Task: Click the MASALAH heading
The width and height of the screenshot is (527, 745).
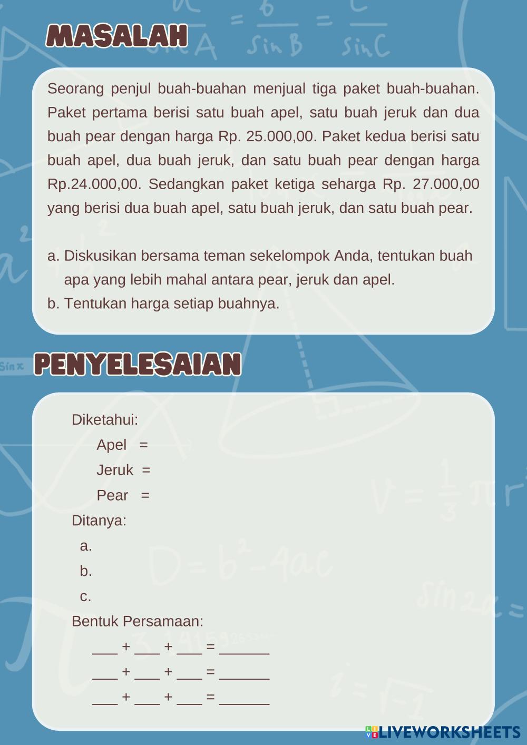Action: (x=116, y=36)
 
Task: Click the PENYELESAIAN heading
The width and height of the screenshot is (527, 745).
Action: (x=138, y=364)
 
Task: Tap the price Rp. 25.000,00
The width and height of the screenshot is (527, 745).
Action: (x=267, y=136)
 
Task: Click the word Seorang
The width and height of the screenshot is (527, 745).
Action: (x=75, y=89)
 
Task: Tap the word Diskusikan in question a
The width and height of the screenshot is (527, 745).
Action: (x=101, y=256)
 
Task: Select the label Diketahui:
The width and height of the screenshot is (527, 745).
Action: (x=105, y=420)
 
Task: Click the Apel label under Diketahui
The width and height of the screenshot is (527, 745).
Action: (x=111, y=445)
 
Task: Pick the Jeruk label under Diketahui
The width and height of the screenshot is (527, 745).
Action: (x=115, y=470)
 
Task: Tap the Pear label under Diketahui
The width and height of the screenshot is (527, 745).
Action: (x=112, y=495)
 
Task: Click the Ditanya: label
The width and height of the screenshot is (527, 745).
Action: (x=99, y=521)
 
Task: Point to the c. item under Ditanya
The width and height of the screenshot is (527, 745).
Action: (x=85, y=596)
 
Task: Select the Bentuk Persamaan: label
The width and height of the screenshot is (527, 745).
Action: (x=138, y=621)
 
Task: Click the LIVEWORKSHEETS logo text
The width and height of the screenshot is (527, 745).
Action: (x=449, y=732)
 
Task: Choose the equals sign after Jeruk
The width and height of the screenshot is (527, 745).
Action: (x=146, y=470)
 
